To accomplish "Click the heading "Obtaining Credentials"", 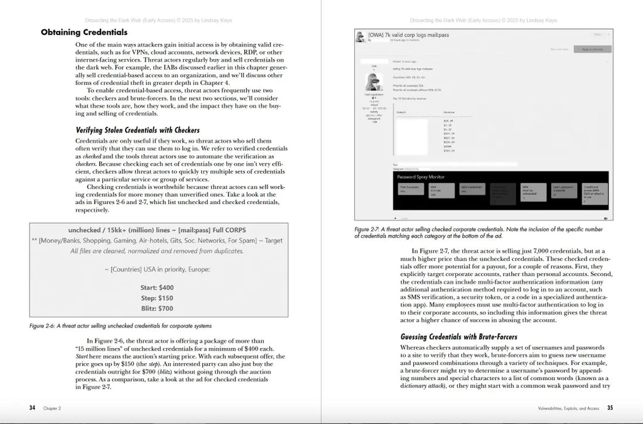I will pyautogui.click(x=84, y=32).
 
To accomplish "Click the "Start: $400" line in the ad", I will pyautogui.click(x=157, y=287).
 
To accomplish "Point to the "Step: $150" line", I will pyautogui.click(x=157, y=298).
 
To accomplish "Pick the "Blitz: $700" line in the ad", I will pyautogui.click(x=157, y=308).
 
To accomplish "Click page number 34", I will pyautogui.click(x=32, y=408).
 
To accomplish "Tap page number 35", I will pyautogui.click(x=610, y=408).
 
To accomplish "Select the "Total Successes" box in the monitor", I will pyautogui.click(x=409, y=190).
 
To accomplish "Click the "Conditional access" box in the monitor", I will pyautogui.click(x=593, y=191).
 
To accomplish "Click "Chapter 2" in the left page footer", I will pyautogui.click(x=52, y=408).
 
